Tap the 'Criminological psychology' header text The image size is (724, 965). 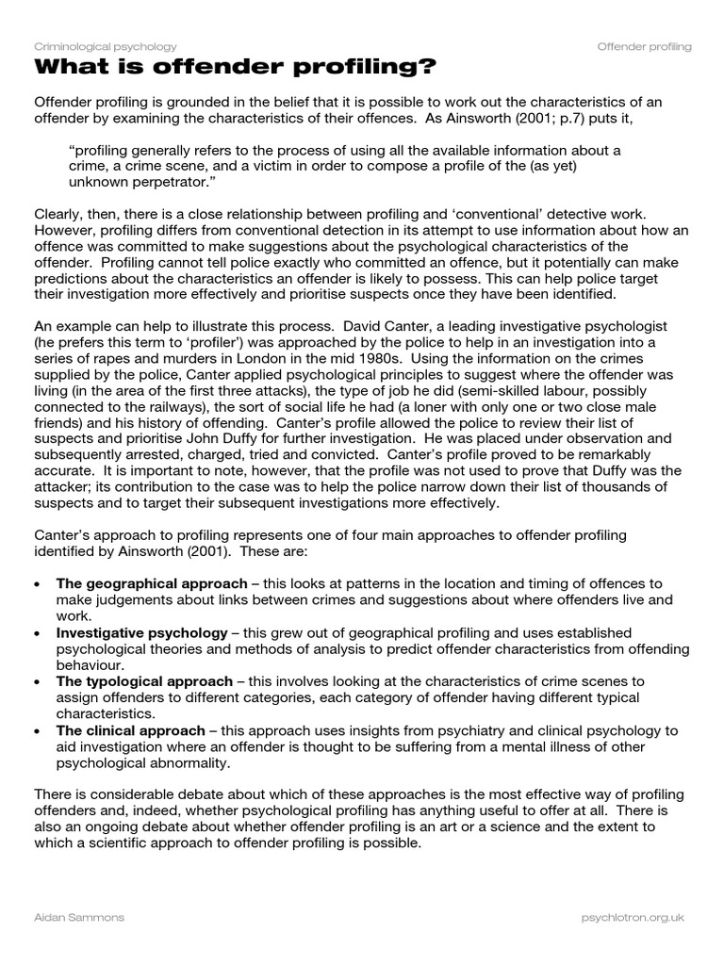point(105,46)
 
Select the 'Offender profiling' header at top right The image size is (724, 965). point(644,46)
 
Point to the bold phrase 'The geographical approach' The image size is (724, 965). point(152,584)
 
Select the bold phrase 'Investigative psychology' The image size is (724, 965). point(141,632)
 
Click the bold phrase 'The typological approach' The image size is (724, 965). point(144,681)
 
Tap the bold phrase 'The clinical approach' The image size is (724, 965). point(130,730)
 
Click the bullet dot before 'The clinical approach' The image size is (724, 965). point(37,731)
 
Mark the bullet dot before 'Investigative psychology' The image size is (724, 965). point(37,633)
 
